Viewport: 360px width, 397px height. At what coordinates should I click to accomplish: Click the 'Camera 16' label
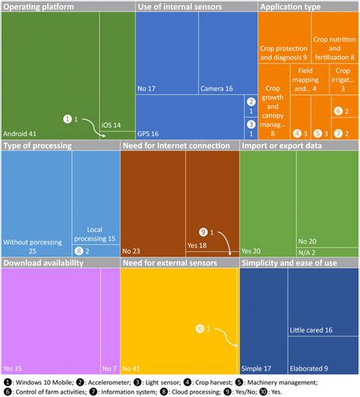point(217,88)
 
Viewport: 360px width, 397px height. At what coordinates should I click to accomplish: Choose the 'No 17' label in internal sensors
point(147,88)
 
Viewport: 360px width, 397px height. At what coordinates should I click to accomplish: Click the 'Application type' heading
point(290,6)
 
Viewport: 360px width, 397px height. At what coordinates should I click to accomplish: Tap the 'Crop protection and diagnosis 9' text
point(283,50)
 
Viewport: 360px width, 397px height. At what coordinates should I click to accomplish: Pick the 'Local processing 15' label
point(96,233)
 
